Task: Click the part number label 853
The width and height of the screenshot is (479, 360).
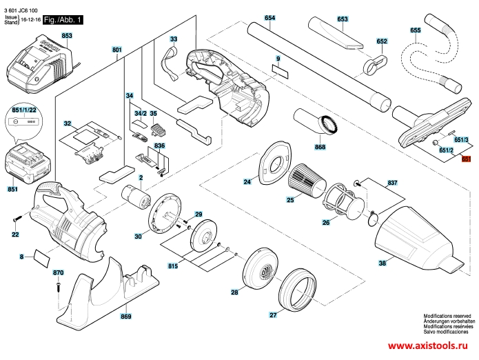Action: pos(67,35)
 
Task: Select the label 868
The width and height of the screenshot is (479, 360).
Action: pos(320,148)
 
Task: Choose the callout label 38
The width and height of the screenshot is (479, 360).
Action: pos(381,262)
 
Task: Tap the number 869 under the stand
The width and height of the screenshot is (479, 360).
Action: pos(125,317)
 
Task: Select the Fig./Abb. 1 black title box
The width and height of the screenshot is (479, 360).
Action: pos(63,21)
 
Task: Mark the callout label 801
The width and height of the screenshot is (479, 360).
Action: pos(116,50)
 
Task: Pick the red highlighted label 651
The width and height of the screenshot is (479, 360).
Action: pos(466,159)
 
